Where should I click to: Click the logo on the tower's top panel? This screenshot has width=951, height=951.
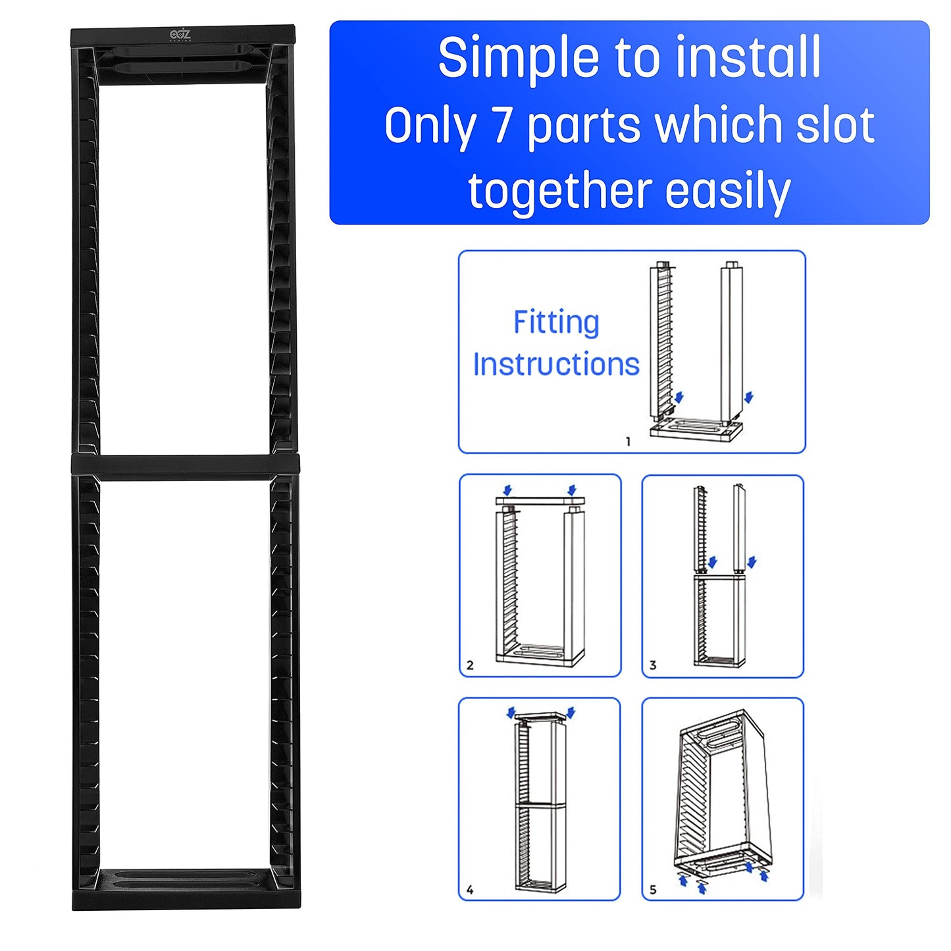click(x=180, y=36)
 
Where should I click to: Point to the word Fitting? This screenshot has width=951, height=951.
click(x=556, y=323)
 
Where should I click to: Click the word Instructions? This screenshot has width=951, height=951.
click(x=556, y=364)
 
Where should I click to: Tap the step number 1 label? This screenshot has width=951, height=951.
click(x=628, y=441)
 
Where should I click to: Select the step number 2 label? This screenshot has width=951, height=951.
click(x=470, y=665)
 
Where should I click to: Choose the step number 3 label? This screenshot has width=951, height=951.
click(x=653, y=665)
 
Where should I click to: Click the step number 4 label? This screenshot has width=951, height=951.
click(x=470, y=890)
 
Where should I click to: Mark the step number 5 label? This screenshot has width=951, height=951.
click(x=653, y=890)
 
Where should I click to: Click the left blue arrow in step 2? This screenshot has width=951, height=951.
click(x=507, y=490)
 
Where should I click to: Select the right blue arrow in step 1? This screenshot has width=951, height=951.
click(x=749, y=397)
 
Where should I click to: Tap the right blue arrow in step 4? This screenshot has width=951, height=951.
click(x=571, y=712)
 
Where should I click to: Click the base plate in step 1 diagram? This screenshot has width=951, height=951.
click(x=696, y=430)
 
